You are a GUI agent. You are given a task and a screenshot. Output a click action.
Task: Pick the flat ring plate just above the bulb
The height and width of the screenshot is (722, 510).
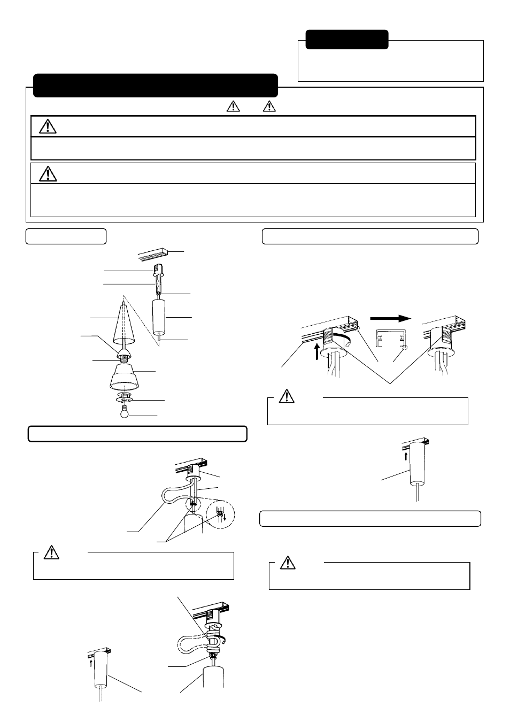point(125,398)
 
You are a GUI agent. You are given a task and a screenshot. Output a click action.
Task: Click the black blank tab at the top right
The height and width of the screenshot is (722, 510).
point(347,40)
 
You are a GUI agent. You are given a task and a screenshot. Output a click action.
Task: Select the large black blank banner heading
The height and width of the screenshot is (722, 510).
point(156,86)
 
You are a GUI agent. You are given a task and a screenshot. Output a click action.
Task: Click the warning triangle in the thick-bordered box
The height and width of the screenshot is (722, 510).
point(48,126)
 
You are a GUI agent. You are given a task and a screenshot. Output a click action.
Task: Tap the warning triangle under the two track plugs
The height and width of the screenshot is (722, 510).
point(288,396)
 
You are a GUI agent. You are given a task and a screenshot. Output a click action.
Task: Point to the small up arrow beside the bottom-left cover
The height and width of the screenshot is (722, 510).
point(91,662)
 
